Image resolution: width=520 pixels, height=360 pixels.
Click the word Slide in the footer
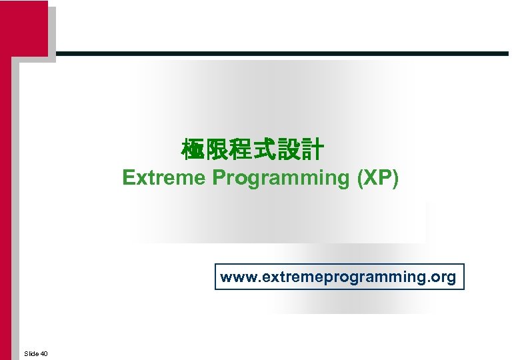[31, 353]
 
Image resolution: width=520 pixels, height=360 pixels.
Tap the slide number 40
[44, 353]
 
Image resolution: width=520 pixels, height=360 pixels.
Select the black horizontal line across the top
[280, 53]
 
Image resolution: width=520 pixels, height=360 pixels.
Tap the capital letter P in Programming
[218, 178]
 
